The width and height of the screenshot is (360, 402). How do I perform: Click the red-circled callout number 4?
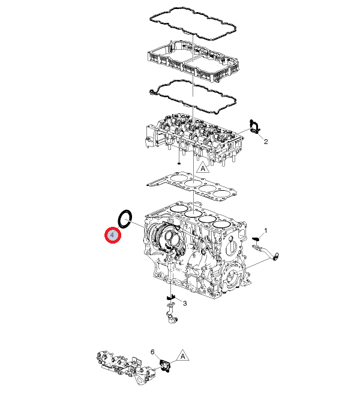[113, 235]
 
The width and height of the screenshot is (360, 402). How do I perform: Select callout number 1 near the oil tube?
[266, 230]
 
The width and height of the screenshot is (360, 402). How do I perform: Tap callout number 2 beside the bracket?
[266, 141]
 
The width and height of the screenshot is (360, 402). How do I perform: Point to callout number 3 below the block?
[185, 303]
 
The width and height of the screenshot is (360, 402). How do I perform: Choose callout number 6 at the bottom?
[152, 352]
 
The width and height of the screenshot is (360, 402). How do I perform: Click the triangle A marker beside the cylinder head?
[203, 167]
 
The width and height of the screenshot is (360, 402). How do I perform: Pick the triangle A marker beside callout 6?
[182, 356]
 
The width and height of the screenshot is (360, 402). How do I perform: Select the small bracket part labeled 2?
[255, 127]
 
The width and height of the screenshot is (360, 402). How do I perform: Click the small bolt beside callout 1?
[256, 239]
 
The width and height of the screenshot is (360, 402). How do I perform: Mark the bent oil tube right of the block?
[266, 252]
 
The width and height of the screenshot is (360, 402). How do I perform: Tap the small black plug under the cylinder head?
[179, 163]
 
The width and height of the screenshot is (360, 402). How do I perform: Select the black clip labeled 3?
[170, 298]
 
